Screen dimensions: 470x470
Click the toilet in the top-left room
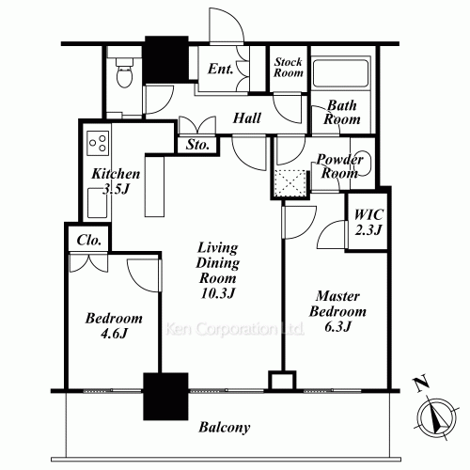click(x=125, y=72)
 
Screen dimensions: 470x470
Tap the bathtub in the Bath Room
click(x=340, y=73)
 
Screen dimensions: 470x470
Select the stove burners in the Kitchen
click(x=98, y=143)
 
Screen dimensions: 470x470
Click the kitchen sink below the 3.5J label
click(x=97, y=203)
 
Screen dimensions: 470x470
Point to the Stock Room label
click(x=289, y=68)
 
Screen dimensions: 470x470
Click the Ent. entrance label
click(x=221, y=69)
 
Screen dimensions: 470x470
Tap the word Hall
click(x=247, y=118)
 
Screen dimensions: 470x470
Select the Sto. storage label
click(x=197, y=145)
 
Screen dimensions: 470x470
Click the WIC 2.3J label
click(x=368, y=222)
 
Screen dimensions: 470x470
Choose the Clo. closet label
click(x=89, y=241)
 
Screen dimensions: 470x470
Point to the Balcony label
click(x=225, y=428)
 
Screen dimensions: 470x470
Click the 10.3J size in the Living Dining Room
click(x=218, y=293)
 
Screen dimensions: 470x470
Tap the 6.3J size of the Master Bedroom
click(x=337, y=327)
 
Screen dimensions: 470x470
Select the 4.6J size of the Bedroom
click(x=114, y=334)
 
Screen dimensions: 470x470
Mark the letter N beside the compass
click(x=421, y=383)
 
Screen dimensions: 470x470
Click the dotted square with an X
click(x=290, y=183)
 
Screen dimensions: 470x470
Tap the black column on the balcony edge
click(x=165, y=397)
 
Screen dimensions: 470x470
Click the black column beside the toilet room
click(x=166, y=60)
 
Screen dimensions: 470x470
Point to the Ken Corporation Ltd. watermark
click(x=234, y=329)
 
